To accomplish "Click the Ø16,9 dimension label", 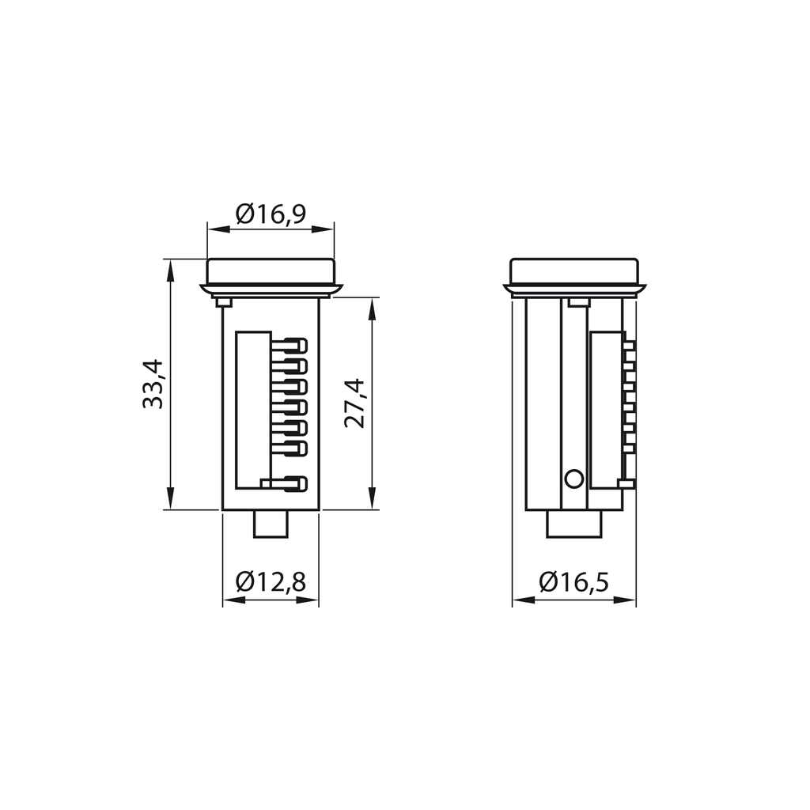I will tap(271, 214).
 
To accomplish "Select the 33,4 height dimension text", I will tap(153, 384).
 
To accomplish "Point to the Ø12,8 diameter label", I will tap(271, 583).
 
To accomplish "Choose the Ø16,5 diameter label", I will tap(573, 583).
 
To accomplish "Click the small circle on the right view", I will tap(573, 478).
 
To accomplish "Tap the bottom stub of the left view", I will tap(271, 524).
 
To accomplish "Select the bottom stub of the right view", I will tap(575, 524).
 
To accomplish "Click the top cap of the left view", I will tap(271, 271).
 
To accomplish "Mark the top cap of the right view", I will tap(574, 271).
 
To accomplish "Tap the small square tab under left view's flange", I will tap(222, 301).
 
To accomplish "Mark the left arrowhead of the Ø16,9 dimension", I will tap(214, 229).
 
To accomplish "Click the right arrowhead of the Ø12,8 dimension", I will tap(312, 600).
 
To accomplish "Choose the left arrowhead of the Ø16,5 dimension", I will tap(519, 600).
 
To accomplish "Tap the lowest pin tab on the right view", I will tap(626, 484).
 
